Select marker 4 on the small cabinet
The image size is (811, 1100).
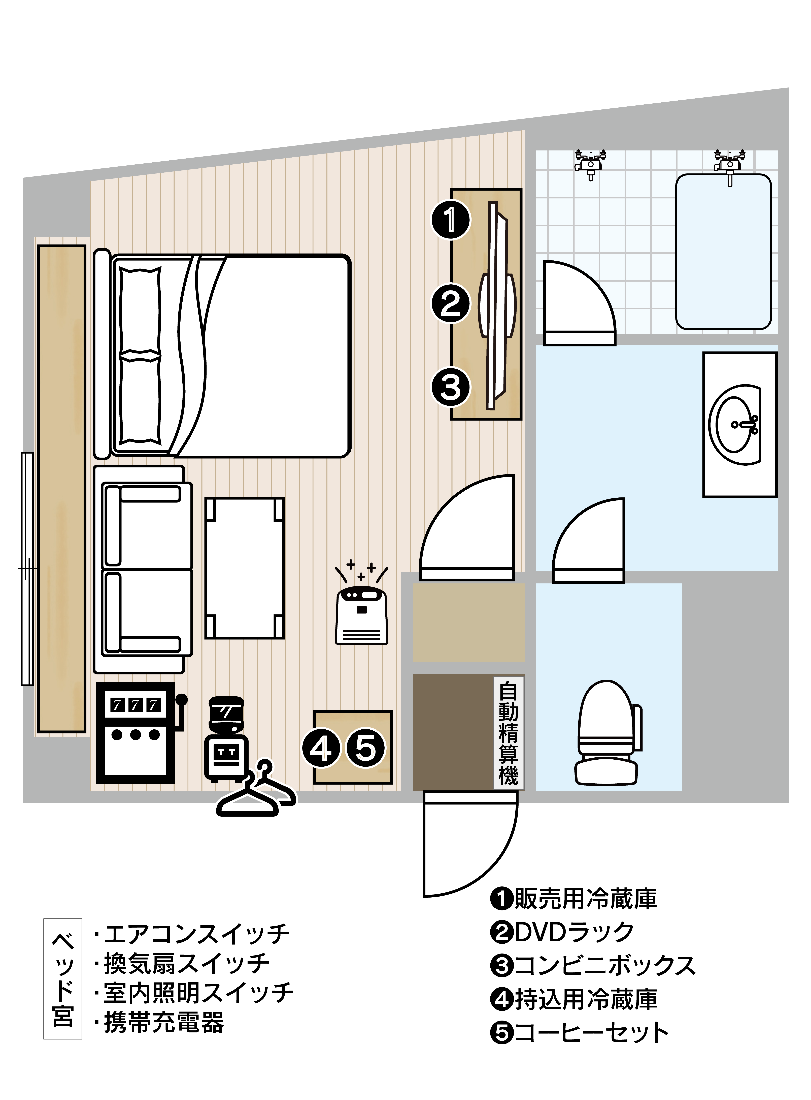(x=321, y=749)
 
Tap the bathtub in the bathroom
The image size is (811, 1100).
(x=724, y=252)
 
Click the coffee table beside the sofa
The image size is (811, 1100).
(x=245, y=568)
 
